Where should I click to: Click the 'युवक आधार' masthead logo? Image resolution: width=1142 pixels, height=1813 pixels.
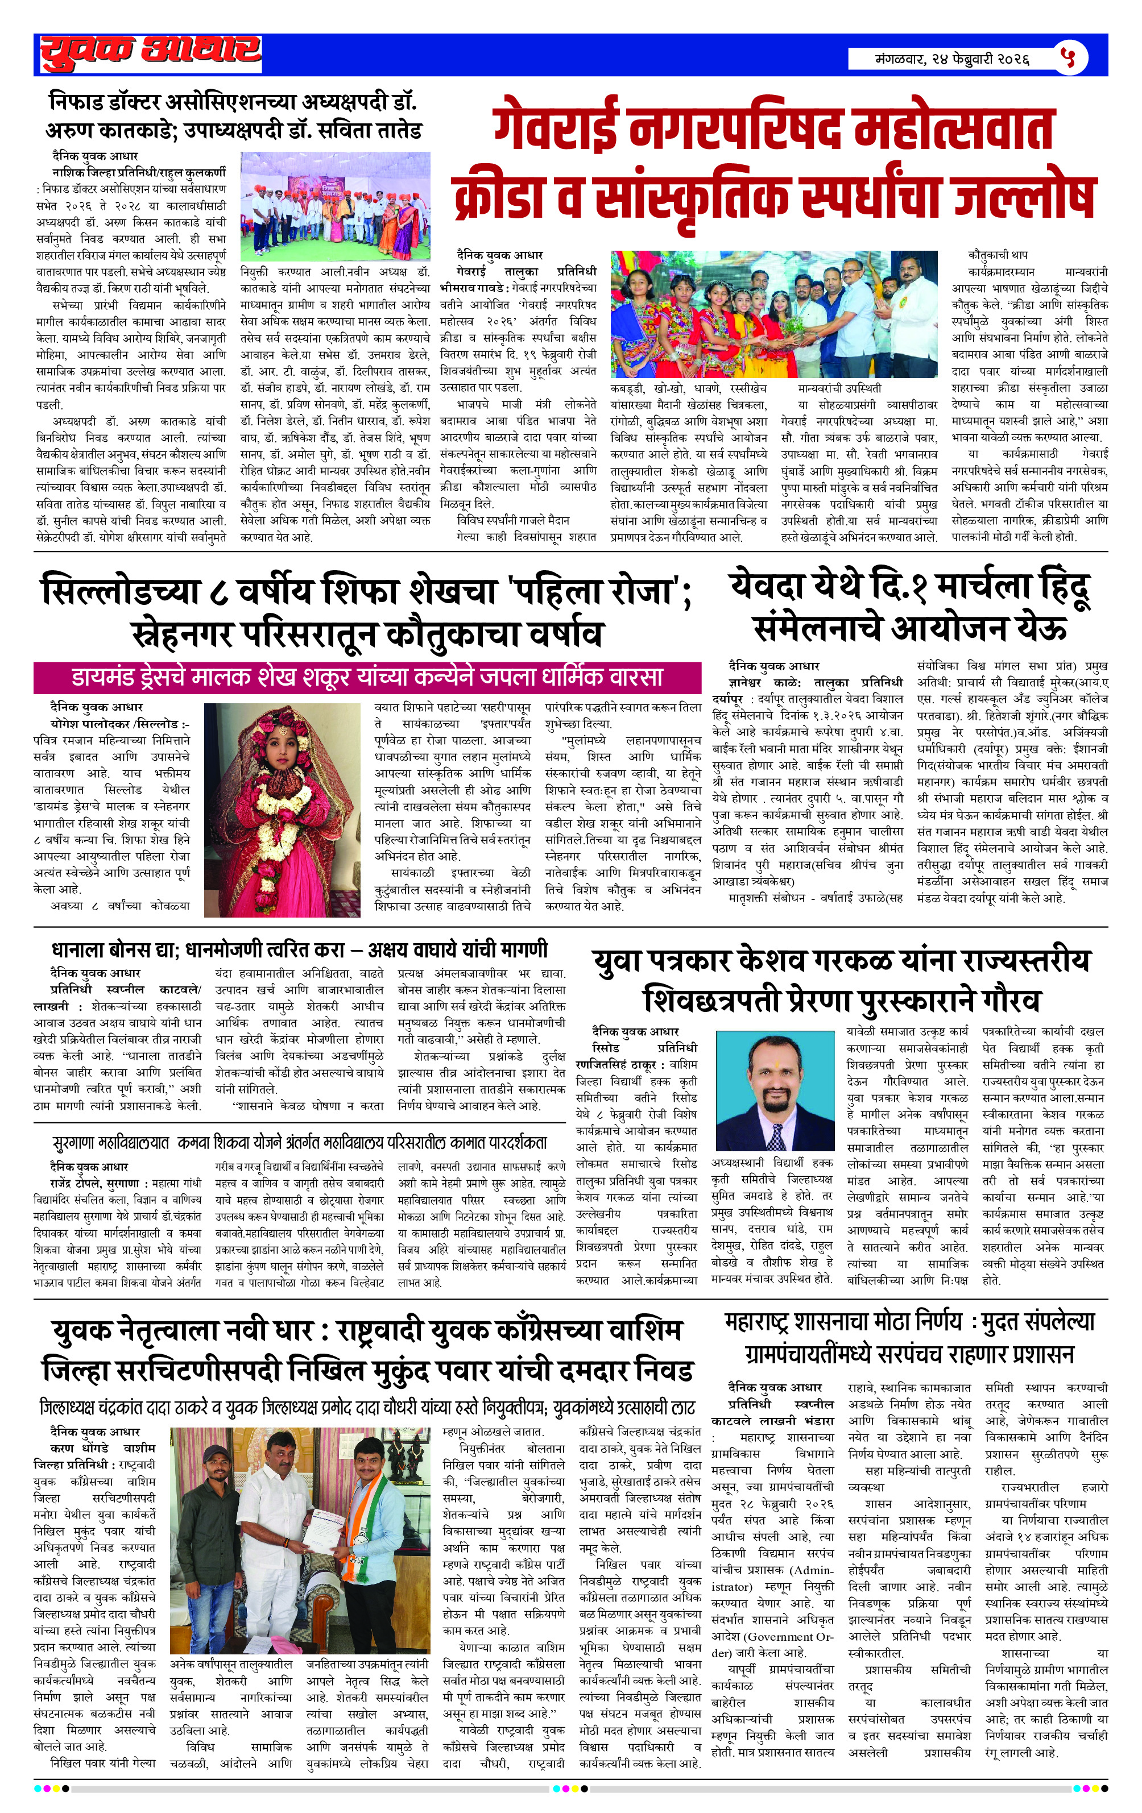[x=151, y=53]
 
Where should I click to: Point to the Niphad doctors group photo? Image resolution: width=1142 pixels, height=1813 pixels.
[x=335, y=206]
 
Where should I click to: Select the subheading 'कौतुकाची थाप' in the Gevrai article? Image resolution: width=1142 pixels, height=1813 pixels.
[x=998, y=255]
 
